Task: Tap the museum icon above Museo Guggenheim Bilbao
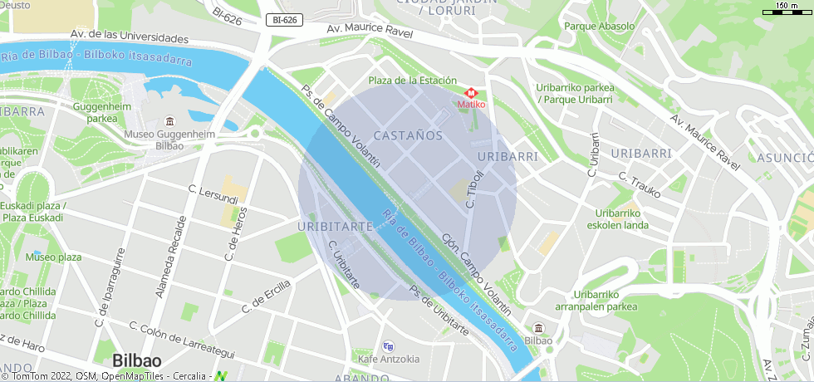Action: pos(170,122)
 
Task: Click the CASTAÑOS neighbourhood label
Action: pos(408,135)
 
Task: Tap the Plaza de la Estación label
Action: pos(413,81)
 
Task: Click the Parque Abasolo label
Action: pos(599,26)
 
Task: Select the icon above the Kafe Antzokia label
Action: pos(388,346)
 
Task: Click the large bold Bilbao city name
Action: pos(137,360)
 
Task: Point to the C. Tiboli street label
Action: pos(474,189)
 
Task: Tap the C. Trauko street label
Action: pos(639,184)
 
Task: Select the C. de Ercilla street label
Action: pos(267,296)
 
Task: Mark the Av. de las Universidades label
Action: pos(130,37)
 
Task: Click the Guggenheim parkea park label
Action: pos(102,112)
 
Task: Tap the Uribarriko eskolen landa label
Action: pos(617,218)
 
